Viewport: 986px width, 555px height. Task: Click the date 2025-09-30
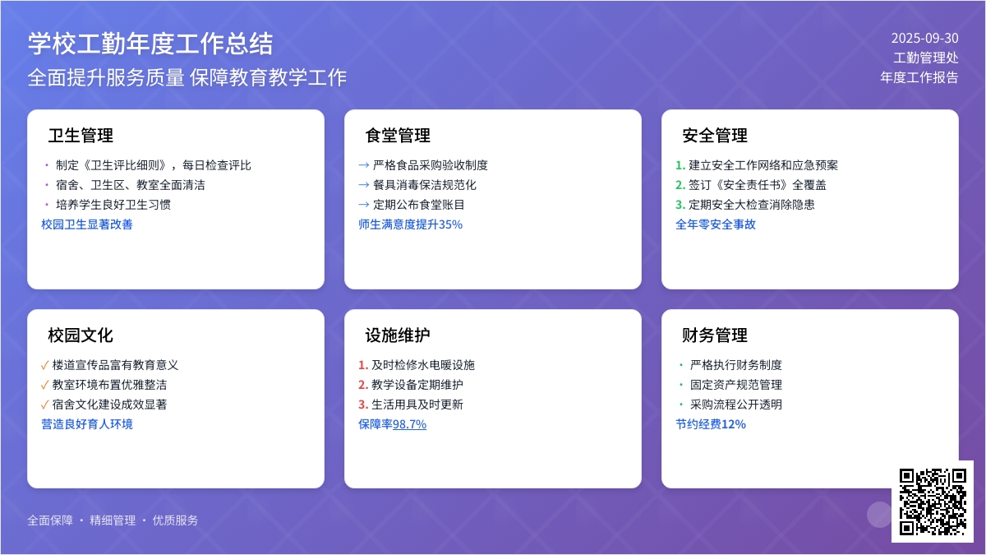tap(925, 39)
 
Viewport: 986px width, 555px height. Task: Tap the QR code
tap(933, 502)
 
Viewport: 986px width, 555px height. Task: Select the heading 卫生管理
tap(81, 135)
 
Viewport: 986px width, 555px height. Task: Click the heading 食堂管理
tap(398, 135)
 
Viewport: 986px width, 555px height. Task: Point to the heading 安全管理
tap(715, 135)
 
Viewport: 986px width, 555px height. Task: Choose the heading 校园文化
tap(81, 335)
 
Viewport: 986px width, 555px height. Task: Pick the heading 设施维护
tap(398, 335)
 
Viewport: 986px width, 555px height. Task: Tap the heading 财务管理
tap(715, 335)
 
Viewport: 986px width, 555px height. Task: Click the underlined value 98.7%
tap(409, 424)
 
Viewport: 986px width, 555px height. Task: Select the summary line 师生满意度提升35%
tap(410, 224)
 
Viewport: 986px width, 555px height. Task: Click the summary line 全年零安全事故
tap(716, 224)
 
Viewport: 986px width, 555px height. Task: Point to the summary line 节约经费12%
tap(711, 424)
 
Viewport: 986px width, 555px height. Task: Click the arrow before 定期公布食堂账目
tap(363, 205)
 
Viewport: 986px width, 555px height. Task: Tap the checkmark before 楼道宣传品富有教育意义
tap(44, 365)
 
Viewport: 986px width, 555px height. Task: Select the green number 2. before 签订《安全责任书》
tap(680, 185)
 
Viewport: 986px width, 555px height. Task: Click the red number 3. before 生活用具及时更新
tap(363, 405)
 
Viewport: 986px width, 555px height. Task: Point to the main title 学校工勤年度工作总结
tap(150, 44)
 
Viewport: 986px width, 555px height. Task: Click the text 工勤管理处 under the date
tap(926, 58)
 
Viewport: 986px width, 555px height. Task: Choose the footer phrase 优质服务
tap(175, 520)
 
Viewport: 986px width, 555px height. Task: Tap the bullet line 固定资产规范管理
tap(736, 385)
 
